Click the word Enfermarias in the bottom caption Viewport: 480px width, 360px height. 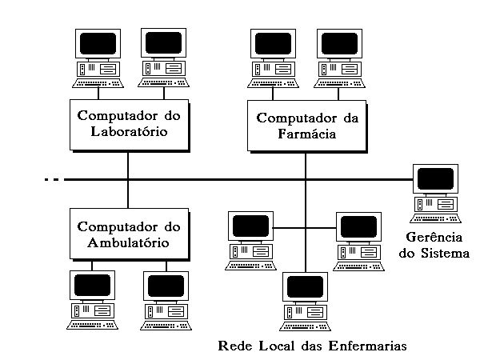point(367,346)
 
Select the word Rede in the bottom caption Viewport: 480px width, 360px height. point(233,346)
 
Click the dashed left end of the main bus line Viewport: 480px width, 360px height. point(52,180)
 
